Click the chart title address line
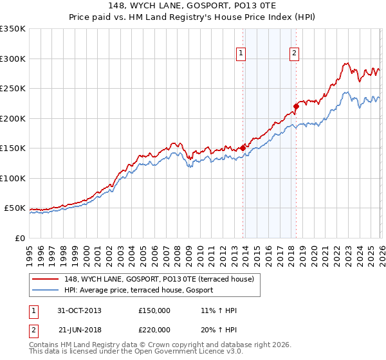[x=193, y=6]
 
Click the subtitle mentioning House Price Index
[x=193, y=18]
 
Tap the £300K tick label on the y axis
[x=13, y=59]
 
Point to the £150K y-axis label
[x=13, y=148]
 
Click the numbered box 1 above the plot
[x=241, y=54]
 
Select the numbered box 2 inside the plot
[x=294, y=54]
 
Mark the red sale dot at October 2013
[x=243, y=147]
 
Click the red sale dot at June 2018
[x=296, y=106]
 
